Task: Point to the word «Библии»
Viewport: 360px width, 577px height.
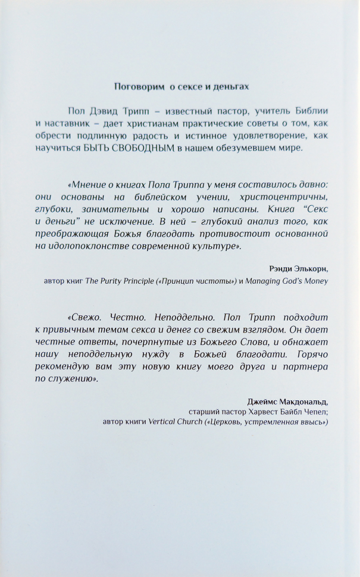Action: [310, 112]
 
